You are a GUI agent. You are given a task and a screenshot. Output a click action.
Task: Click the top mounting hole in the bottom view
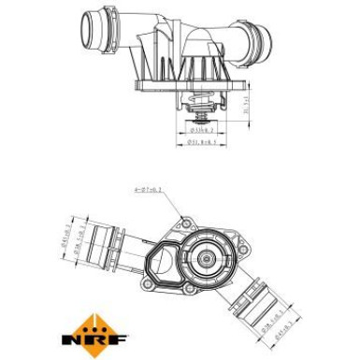coord(181,223)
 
